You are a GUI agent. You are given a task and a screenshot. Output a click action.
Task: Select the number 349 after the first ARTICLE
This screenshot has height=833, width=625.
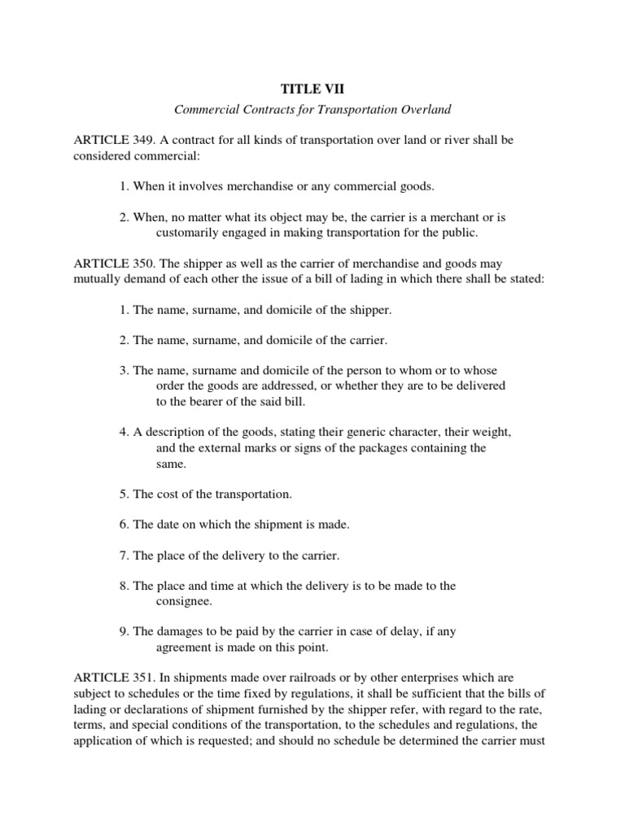tap(138, 141)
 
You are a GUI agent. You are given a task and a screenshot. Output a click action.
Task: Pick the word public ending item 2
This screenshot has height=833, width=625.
tap(460, 233)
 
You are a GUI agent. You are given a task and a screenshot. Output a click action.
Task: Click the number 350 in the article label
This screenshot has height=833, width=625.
tap(138, 264)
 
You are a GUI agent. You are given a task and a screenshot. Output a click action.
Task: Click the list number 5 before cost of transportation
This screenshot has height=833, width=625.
tap(123, 494)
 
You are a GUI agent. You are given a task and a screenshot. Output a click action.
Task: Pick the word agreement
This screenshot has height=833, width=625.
tap(185, 648)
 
